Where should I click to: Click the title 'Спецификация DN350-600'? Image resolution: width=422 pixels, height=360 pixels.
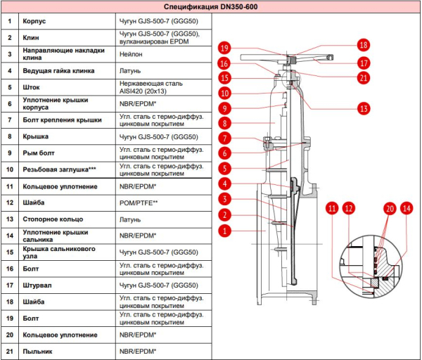coord(211,7)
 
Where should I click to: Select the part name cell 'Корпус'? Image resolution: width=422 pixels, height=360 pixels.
coord(34,21)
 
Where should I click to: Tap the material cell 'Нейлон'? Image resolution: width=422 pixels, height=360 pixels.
coord(131,54)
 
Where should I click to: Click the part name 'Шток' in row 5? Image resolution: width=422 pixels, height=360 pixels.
coord(31,87)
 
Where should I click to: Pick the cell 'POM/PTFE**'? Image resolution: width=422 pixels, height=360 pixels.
coord(139,203)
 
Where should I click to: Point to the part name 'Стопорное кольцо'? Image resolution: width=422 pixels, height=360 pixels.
coord(53,219)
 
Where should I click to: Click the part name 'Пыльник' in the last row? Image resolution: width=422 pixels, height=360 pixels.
coord(37,352)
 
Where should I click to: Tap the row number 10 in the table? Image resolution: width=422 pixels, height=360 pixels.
coord(10,169)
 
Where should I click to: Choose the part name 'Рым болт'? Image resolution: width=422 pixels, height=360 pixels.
coord(39,153)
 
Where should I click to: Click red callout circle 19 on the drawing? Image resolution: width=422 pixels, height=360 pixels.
coord(224,48)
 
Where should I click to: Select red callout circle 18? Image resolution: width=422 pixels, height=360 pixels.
coord(364,45)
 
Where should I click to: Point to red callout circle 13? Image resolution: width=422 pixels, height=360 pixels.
coord(364,109)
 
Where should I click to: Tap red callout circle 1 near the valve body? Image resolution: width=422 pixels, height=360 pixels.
coord(224,231)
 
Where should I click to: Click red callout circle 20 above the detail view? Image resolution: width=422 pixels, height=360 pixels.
coord(390,209)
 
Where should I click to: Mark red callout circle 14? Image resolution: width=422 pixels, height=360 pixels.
coord(407,208)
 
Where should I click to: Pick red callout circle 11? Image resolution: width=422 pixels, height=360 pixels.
coord(332,208)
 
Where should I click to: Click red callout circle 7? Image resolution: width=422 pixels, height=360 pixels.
coord(224,139)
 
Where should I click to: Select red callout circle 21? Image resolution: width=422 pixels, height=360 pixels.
coord(364,78)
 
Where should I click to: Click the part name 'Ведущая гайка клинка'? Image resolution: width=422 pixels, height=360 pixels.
coord(58,71)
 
